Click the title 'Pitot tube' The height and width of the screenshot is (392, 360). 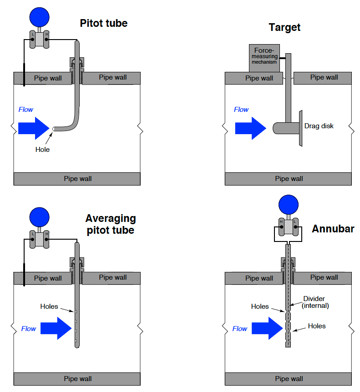[103, 23]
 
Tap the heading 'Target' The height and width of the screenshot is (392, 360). [284, 27]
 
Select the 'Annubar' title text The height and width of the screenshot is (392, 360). [333, 229]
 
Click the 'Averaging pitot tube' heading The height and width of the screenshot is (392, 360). [111, 224]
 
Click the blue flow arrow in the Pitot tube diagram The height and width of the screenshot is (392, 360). [34, 128]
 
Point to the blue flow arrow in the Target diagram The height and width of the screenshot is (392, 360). [250, 128]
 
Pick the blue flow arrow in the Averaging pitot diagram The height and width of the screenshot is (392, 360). [56, 328]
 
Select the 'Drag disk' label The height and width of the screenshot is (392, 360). [319, 126]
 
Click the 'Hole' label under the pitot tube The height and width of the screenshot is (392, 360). [42, 149]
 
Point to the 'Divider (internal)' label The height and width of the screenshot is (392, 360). [315, 302]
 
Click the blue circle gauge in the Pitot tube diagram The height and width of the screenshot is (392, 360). [39, 17]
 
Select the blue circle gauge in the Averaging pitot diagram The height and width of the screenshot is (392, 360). [39, 217]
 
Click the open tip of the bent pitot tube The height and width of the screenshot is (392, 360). [54, 129]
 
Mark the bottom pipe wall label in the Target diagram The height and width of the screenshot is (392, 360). [289, 179]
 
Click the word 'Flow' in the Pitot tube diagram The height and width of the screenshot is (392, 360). [26, 109]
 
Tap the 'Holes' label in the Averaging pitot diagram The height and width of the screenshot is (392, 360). [49, 306]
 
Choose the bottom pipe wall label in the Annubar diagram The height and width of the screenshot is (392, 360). [289, 379]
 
